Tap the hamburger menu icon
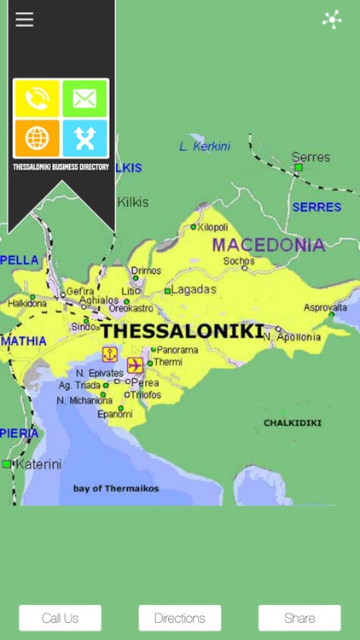pos(25,20)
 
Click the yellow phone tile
pos(38,99)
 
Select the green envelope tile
pos(84,99)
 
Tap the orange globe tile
pos(38,137)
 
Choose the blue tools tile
pos(84,137)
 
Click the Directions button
pos(180,618)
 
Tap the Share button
pos(299,618)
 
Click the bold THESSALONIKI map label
pos(183,331)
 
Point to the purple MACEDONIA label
pos(268,245)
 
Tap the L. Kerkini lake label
pos(205,146)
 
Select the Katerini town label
pos(39,464)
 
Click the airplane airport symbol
pos(135,365)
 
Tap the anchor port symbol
pos(110,354)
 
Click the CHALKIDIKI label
pos(293,422)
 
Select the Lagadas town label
pos(194,289)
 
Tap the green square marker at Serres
pos(299,167)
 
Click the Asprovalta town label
pos(325,307)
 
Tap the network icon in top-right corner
pos(332,20)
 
